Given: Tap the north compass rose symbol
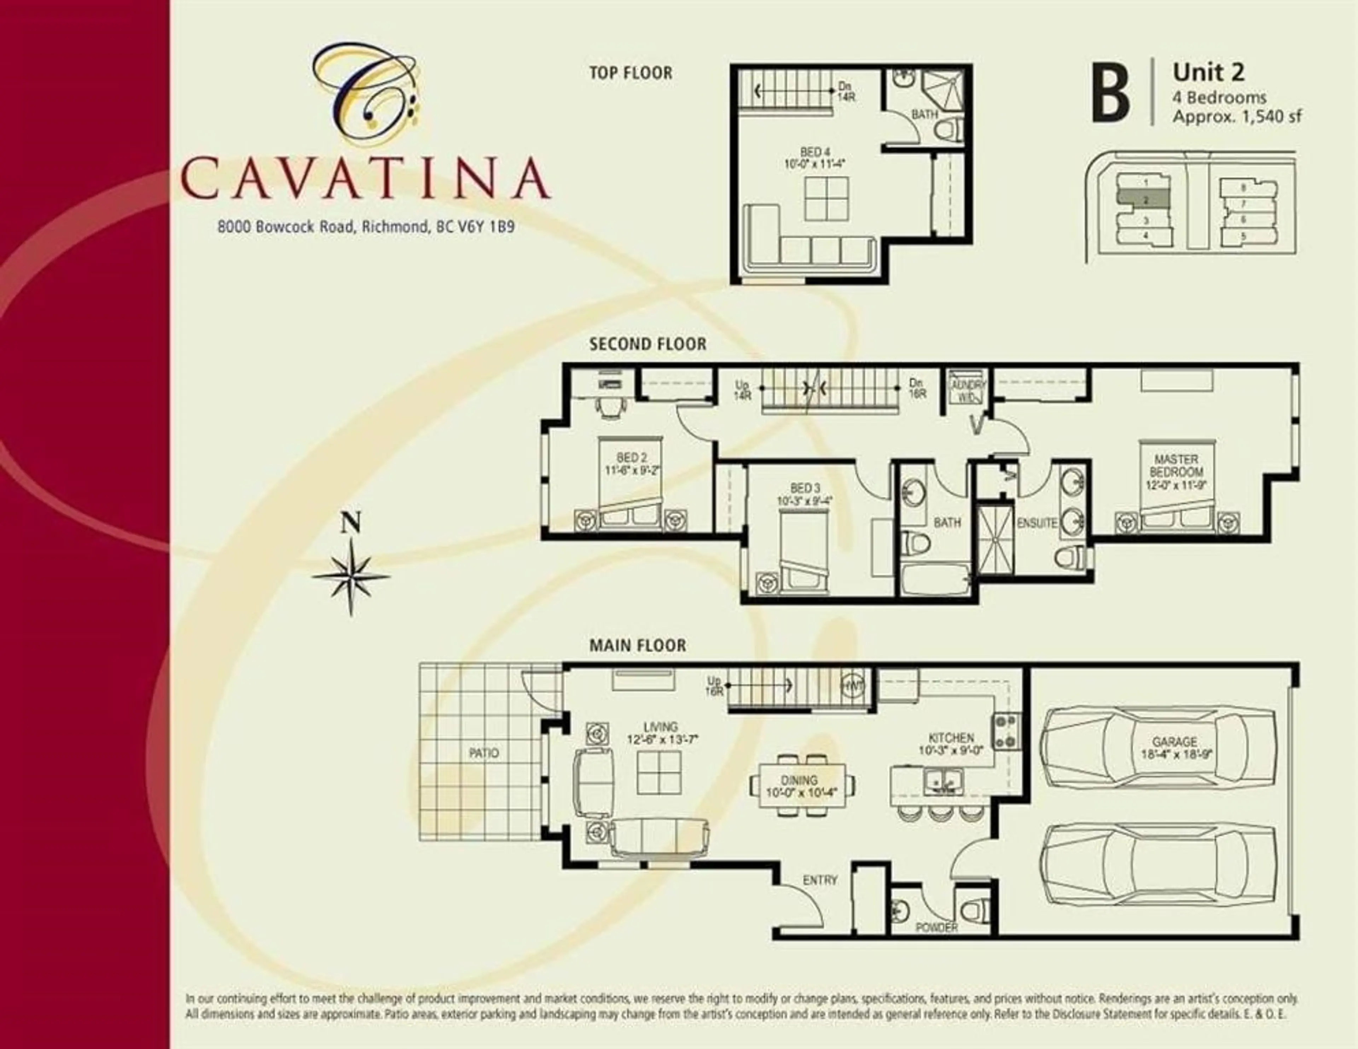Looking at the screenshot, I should point(351,575).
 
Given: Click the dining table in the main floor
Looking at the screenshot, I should point(801,785).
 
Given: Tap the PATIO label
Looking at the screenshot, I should point(484,753).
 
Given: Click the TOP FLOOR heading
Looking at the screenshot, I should point(631,73).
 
